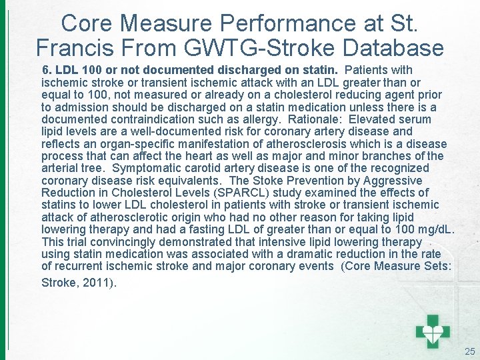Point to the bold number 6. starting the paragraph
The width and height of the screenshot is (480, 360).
point(47,70)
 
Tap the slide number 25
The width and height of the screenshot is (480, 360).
point(469,351)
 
